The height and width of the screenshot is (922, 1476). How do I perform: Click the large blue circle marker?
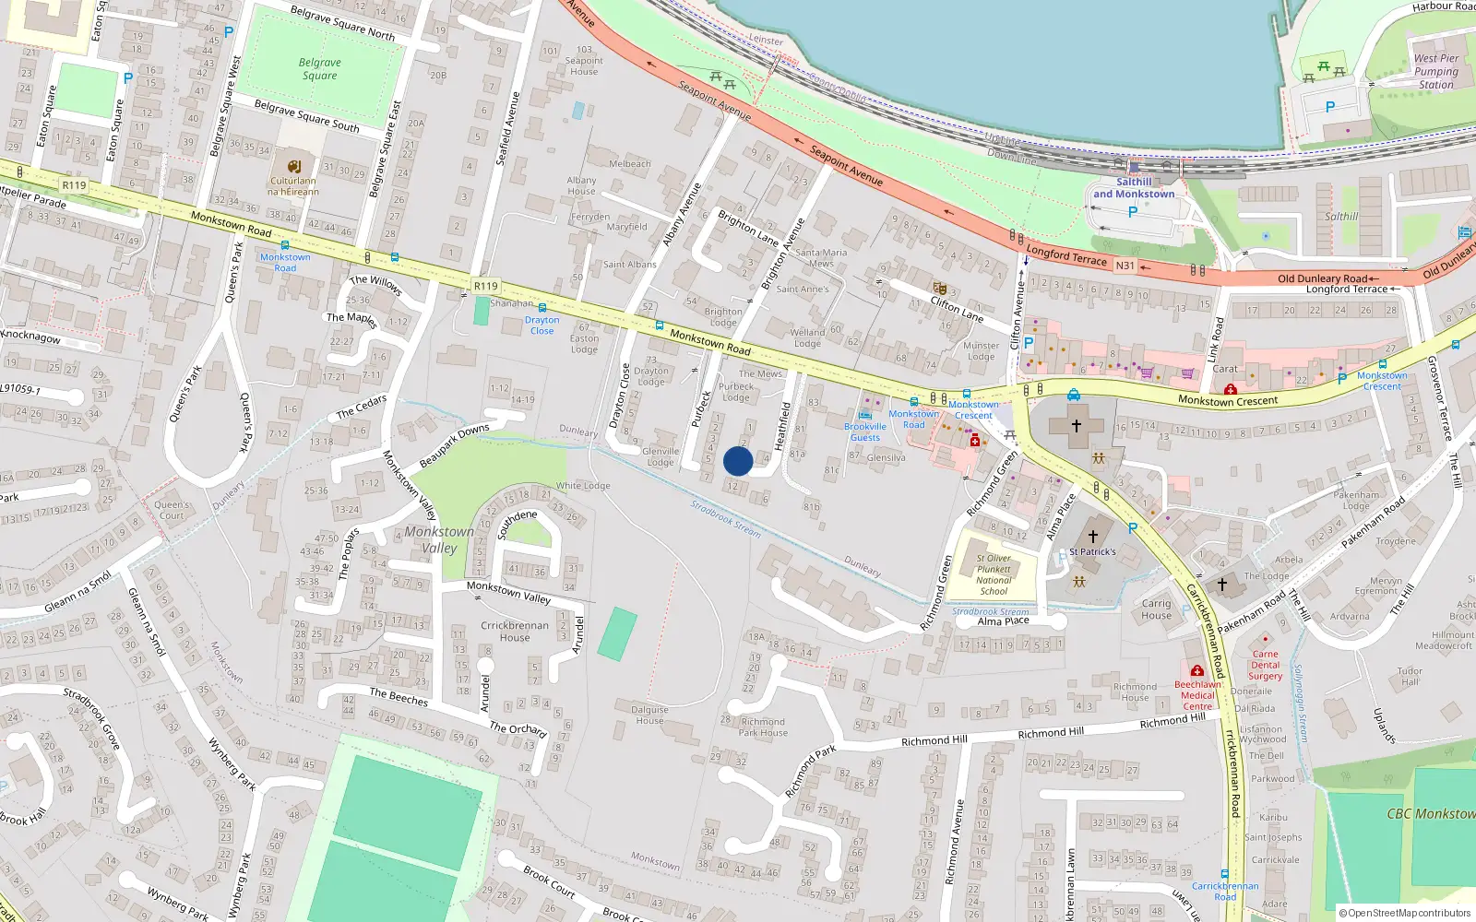point(738,461)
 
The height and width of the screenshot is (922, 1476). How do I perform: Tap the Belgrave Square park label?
point(320,69)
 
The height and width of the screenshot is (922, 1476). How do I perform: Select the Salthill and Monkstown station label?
point(1134,188)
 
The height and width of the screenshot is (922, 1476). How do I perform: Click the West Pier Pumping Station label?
point(1436,71)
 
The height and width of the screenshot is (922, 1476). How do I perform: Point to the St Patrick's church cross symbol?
point(1093,536)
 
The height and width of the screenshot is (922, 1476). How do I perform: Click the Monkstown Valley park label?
point(439,539)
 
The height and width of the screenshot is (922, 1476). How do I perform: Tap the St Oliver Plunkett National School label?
point(994,574)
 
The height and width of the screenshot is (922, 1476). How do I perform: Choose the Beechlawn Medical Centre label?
point(1197,695)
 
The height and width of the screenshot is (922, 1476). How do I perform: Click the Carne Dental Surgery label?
point(1266,665)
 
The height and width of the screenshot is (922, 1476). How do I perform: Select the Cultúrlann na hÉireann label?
point(293,186)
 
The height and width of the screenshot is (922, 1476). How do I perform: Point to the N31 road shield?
point(1125,266)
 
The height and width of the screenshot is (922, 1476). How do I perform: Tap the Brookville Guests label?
point(864,431)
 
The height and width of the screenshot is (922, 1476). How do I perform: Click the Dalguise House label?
point(649,715)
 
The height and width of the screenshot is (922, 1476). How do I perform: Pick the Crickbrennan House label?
point(515,631)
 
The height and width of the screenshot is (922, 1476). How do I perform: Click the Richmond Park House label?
point(763,727)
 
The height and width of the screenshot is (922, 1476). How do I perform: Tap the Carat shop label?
point(1225,369)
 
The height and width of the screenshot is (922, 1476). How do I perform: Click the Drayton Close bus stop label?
point(542,325)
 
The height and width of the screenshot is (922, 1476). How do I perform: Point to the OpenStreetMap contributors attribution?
point(1406,913)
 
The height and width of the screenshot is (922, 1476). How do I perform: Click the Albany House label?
point(581,185)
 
